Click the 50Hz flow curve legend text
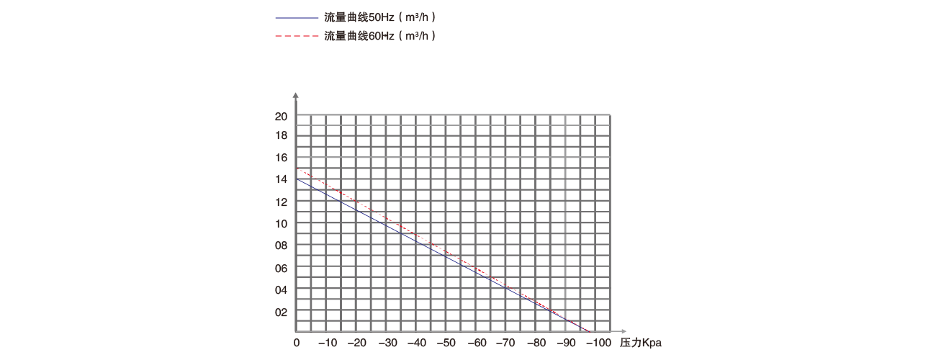click(380, 16)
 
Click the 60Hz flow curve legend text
click(380, 35)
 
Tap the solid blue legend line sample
click(296, 16)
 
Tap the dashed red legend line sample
click(296, 35)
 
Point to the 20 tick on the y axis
click(282, 116)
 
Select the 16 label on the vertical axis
click(282, 157)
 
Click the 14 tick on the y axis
click(282, 179)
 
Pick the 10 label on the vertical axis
click(282, 223)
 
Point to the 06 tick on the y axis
click(282, 268)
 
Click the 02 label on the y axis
click(282, 312)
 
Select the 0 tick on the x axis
click(297, 342)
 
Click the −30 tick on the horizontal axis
click(387, 342)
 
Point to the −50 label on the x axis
click(447, 342)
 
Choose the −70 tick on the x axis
click(507, 342)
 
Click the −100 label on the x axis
click(596, 342)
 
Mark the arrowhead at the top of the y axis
click(296, 94)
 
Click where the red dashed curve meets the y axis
click(297, 168)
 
